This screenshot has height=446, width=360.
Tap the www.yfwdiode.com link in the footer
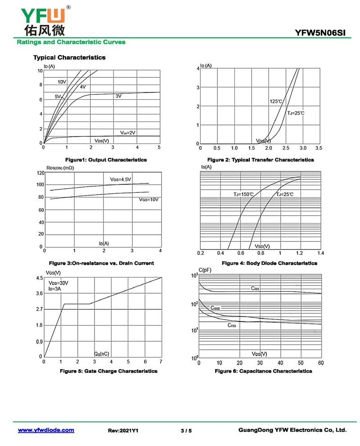(x=46, y=430)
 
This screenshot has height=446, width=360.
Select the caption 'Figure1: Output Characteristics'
(x=106, y=160)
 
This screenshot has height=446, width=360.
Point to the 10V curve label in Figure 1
(x=62, y=82)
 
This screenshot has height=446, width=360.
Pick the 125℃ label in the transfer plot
(x=276, y=102)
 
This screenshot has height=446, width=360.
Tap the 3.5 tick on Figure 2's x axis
(x=319, y=148)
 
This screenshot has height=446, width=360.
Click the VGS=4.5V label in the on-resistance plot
(x=121, y=179)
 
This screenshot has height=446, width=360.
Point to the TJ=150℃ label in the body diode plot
(x=243, y=194)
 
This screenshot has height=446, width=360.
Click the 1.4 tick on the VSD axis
(x=320, y=253)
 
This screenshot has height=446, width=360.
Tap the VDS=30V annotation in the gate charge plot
(x=58, y=283)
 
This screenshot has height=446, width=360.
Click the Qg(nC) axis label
(x=101, y=354)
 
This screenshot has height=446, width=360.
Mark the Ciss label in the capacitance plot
(x=255, y=288)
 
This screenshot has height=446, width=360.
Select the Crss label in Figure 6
(x=232, y=325)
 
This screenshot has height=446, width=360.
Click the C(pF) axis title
(x=204, y=270)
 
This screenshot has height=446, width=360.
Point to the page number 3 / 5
(x=186, y=431)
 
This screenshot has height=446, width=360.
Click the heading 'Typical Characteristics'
(x=69, y=58)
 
